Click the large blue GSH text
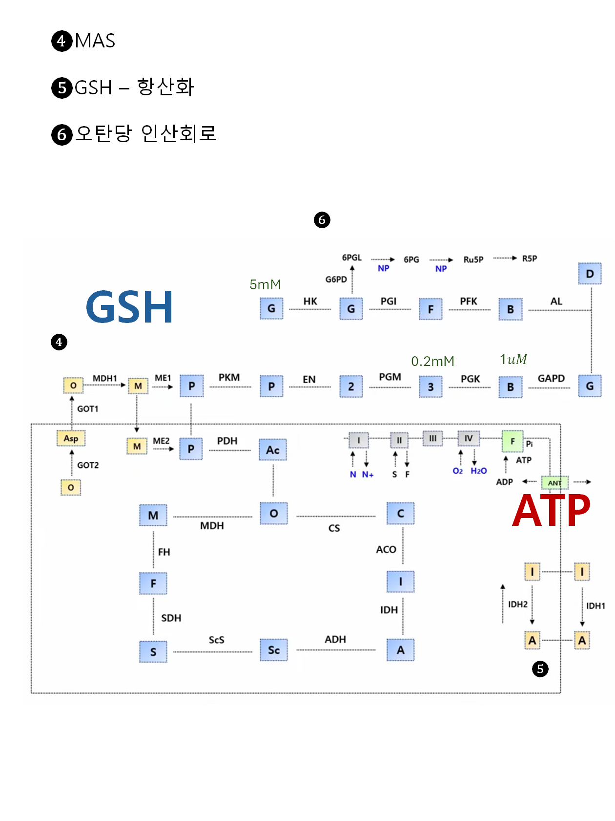click(129, 307)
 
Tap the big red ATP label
click(551, 511)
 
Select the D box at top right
click(590, 274)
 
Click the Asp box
click(71, 438)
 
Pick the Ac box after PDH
click(273, 450)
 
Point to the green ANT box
click(555, 483)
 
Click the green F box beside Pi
click(512, 441)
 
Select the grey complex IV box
click(469, 439)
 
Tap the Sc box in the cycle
click(274, 650)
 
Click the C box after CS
click(401, 514)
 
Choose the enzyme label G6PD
click(336, 280)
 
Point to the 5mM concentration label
click(265, 284)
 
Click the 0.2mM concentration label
click(432, 361)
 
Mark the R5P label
click(530, 259)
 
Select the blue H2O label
click(479, 471)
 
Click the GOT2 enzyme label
click(88, 465)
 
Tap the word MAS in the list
click(95, 41)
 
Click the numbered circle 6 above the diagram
click(322, 220)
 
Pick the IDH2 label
click(518, 605)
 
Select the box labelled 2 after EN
click(351, 387)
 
